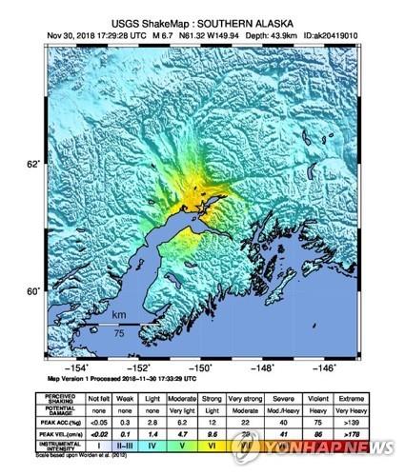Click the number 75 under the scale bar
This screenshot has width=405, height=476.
coord(118,332)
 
